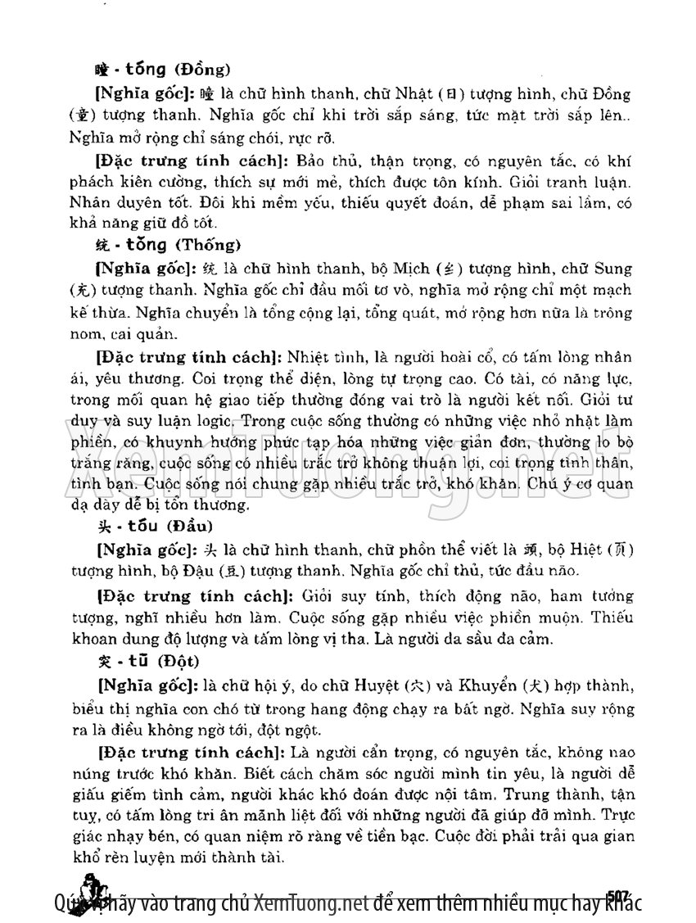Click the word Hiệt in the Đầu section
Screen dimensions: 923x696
point(591,550)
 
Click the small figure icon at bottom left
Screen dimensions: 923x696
point(96,894)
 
